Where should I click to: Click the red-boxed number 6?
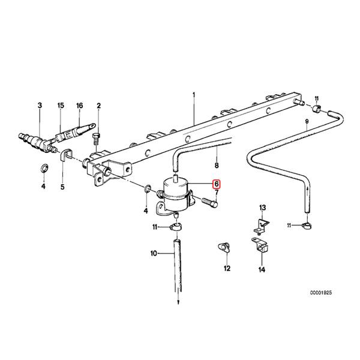point(217,184)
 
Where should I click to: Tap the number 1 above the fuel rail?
point(194,95)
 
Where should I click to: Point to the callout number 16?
point(79,106)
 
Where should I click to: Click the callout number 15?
point(60,106)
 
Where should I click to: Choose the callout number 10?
point(153,254)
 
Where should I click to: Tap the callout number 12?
point(227,269)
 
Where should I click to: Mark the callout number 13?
point(262,207)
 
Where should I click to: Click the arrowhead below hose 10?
point(178,302)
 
